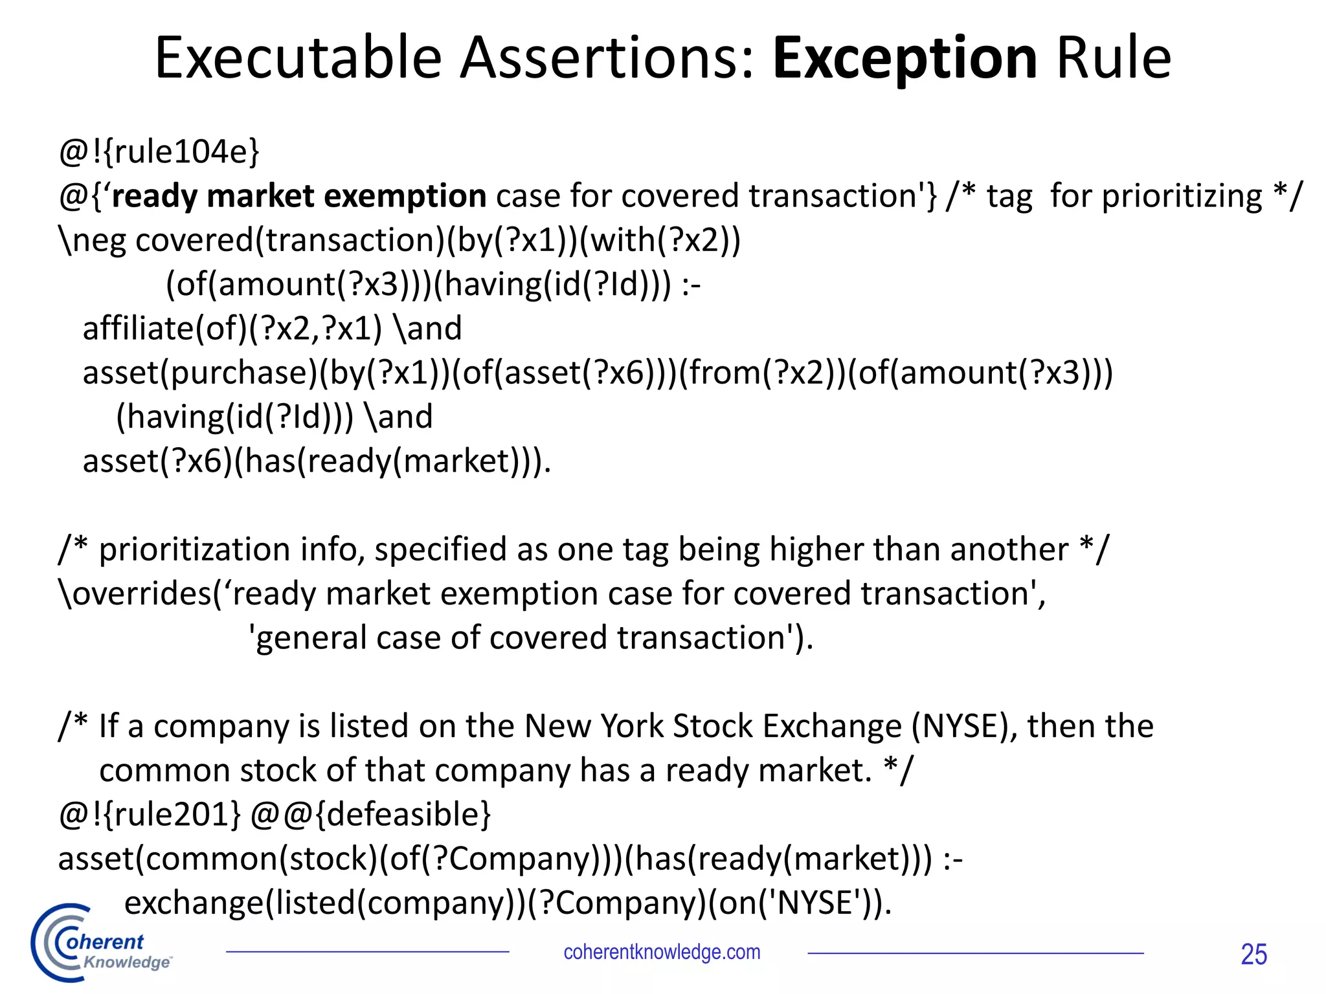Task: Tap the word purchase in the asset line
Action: [243, 373]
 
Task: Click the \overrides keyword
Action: [136, 593]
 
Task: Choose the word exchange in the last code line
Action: [194, 903]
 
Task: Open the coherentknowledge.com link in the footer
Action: [662, 953]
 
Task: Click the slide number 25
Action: [1253, 955]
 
